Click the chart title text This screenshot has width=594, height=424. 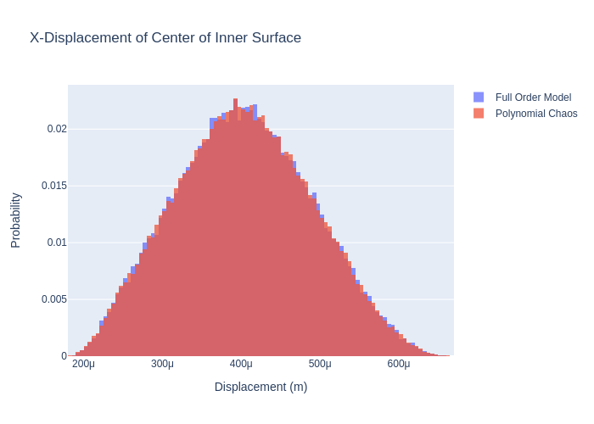pyautogui.click(x=165, y=38)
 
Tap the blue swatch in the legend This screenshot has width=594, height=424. pyautogui.click(x=479, y=98)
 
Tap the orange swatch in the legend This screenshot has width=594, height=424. pyautogui.click(x=479, y=114)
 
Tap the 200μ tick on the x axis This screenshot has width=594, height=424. pyautogui.click(x=83, y=365)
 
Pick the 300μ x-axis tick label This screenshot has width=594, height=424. pyautogui.click(x=162, y=365)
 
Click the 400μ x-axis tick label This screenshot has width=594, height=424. pyautogui.click(x=241, y=365)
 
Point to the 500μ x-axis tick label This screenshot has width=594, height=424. pyautogui.click(x=320, y=365)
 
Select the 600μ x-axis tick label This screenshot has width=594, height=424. pyautogui.click(x=399, y=365)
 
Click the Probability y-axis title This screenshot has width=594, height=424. pyautogui.click(x=16, y=220)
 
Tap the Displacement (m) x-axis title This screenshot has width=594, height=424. pyautogui.click(x=261, y=387)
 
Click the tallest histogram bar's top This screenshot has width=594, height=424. pyautogui.click(x=236, y=100)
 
